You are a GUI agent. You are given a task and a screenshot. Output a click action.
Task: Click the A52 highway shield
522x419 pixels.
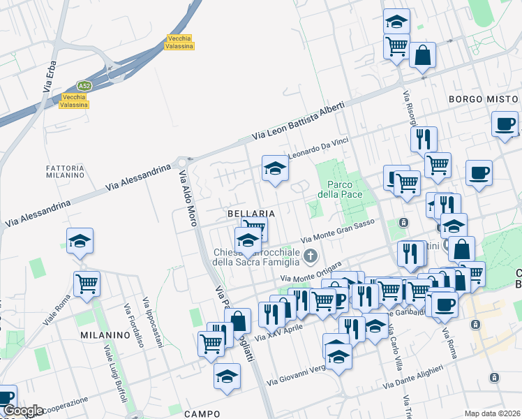(x=84, y=85)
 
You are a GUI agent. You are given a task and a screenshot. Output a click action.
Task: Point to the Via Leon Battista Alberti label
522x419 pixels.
(x=298, y=122)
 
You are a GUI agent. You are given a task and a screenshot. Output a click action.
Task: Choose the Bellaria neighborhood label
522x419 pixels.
(x=250, y=212)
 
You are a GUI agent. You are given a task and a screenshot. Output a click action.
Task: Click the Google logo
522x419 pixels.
(x=23, y=411)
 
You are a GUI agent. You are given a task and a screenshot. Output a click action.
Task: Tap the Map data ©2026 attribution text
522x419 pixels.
(x=492, y=413)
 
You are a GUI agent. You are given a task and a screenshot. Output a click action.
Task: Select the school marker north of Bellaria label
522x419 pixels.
(x=275, y=168)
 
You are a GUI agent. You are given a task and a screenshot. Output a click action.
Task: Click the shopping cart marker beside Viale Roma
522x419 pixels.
(x=87, y=284)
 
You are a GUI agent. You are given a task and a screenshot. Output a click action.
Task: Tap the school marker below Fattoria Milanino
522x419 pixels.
(x=80, y=241)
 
